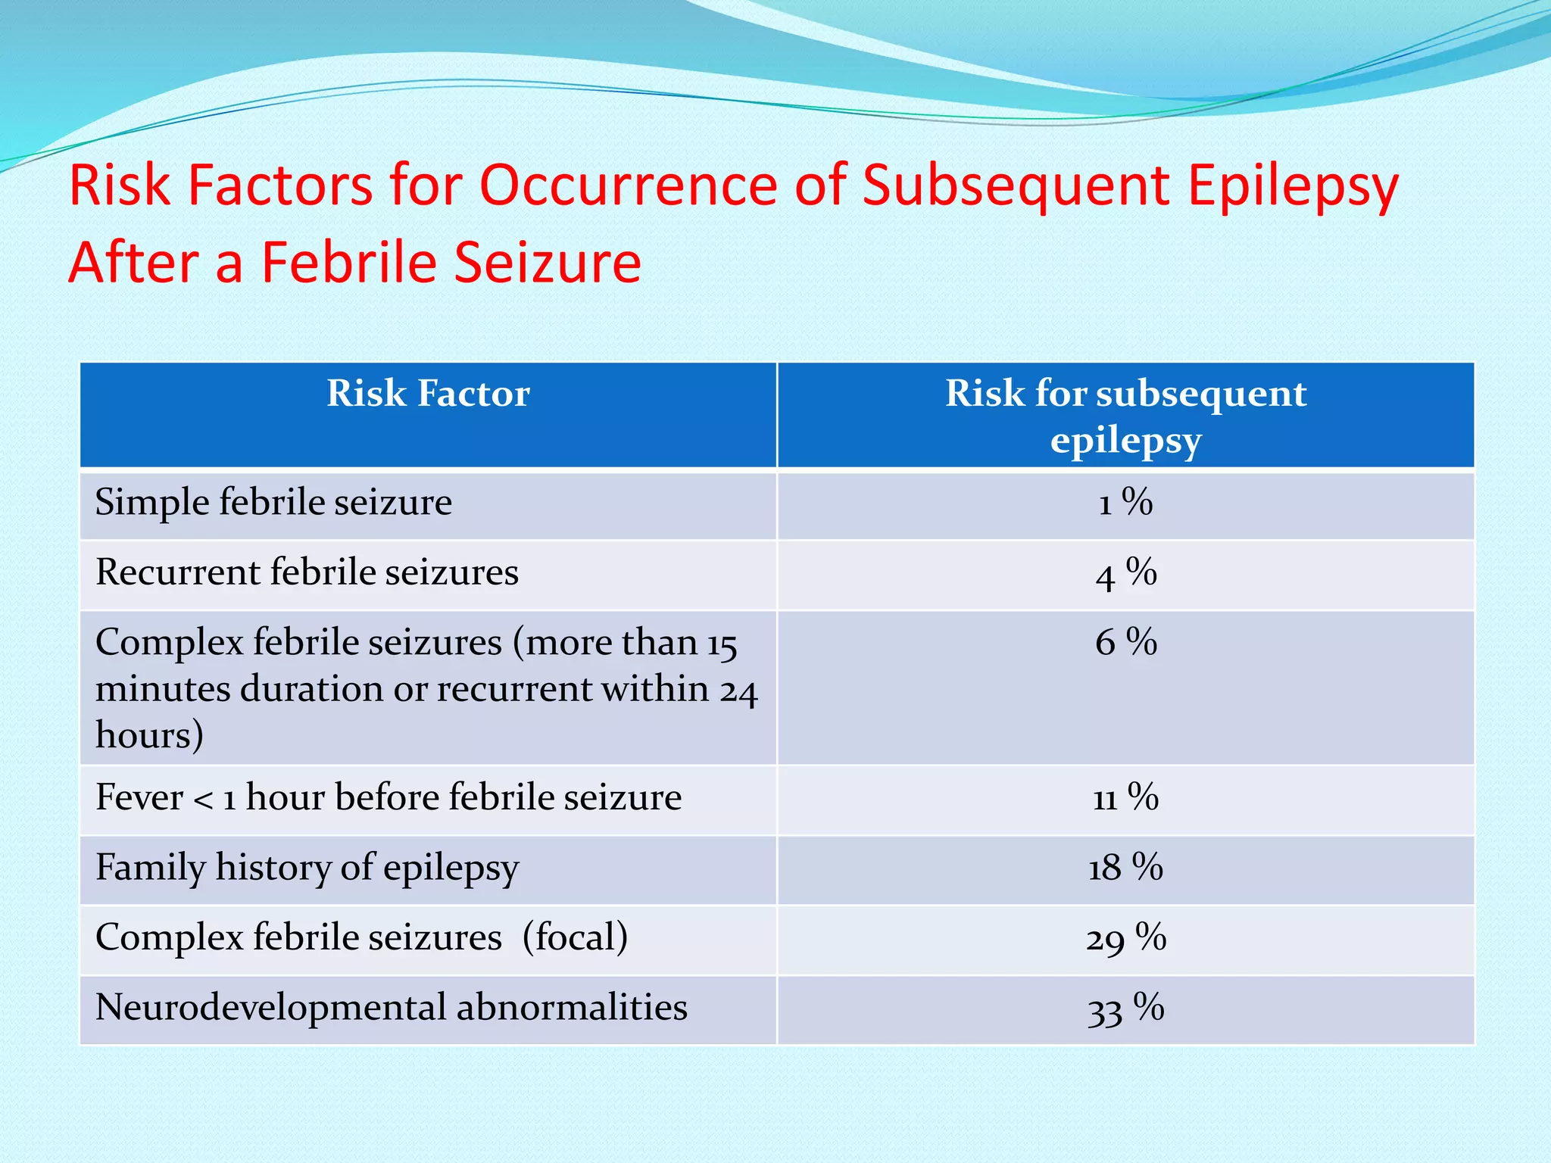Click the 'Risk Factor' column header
coord(428,394)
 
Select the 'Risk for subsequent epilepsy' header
coord(1125,416)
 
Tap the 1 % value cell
coord(1125,503)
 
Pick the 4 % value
coord(1125,573)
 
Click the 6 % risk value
coord(1125,643)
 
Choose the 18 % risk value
coord(1125,868)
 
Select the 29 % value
coord(1125,938)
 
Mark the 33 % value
coord(1125,1009)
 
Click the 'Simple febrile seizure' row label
coord(273,503)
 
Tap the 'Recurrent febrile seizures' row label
coord(307,572)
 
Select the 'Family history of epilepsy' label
coord(307,868)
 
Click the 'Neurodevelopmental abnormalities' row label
coord(391,1008)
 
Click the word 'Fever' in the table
coord(139,797)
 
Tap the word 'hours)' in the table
coord(149,735)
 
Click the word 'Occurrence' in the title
coord(629,186)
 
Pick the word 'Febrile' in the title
coord(349,262)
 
